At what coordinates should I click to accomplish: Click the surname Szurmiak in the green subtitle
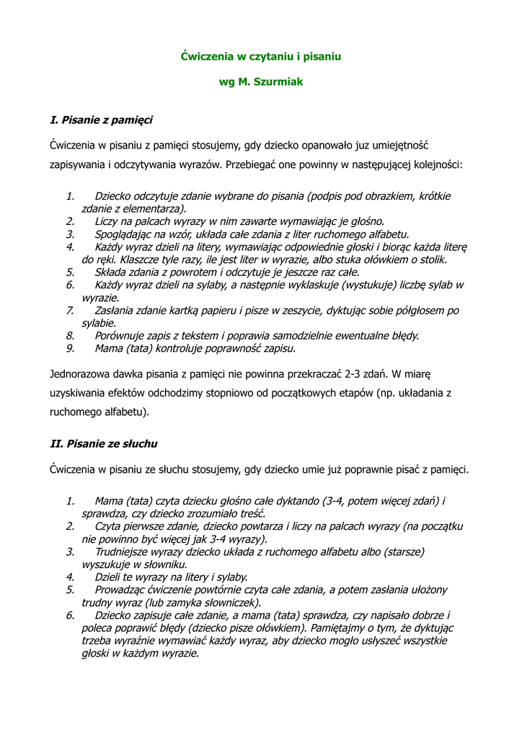[x=278, y=82]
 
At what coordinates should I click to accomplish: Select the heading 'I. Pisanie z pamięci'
[x=101, y=119]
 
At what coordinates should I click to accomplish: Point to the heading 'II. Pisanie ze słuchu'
[x=103, y=443]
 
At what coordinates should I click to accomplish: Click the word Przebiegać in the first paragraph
[x=252, y=164]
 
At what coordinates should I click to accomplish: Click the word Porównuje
[x=120, y=336]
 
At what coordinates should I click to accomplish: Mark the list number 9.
[x=70, y=348]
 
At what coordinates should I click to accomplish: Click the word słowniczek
[x=231, y=603]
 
